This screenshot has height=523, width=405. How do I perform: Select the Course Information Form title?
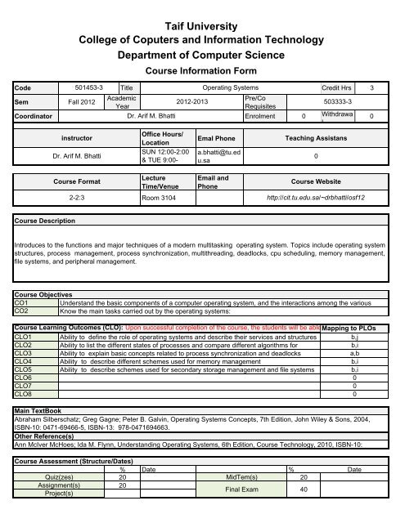coord(202,71)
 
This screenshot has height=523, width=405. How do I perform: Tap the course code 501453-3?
coord(89,87)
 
